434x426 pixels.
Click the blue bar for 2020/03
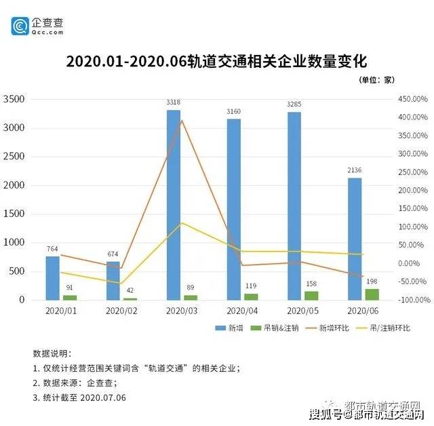174,205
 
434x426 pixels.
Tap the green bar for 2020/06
372,294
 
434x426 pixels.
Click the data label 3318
174,102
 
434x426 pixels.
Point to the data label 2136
355,170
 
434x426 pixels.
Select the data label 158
311,284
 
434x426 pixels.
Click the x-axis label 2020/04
240,311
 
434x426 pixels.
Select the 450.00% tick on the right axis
411,99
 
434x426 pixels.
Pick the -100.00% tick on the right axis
411,300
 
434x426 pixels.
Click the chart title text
216,61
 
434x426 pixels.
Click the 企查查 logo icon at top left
20,26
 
